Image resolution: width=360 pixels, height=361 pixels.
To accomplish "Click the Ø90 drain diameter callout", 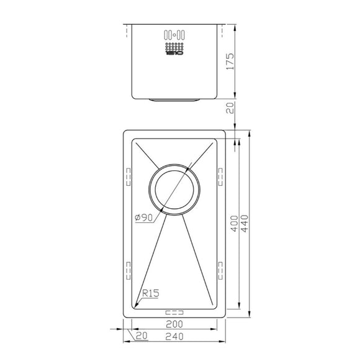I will (x=143, y=217).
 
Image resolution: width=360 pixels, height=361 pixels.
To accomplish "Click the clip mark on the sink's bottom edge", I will (x=173, y=313).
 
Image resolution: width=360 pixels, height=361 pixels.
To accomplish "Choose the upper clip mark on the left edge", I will (x=128, y=176).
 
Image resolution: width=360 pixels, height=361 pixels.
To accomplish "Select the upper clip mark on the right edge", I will (x=219, y=176).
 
